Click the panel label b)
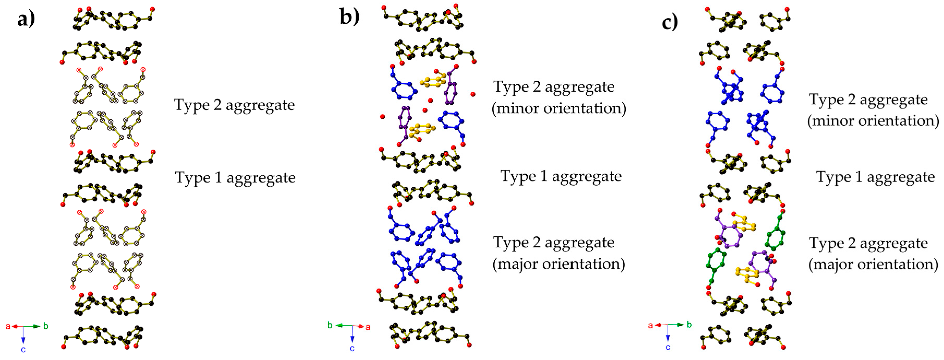[349, 16]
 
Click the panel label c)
[670, 22]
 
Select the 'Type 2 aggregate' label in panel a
[234, 105]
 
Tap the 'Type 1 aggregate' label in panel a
[235, 178]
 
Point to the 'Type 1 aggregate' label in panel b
[561, 176]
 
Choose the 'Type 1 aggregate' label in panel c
[875, 177]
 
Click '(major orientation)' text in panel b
[558, 264]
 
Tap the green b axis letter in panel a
[46, 326]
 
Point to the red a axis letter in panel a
[8, 326]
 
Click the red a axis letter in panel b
[368, 327]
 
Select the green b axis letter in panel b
[330, 325]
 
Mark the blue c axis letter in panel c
[668, 347]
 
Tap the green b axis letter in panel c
[689, 325]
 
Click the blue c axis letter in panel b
[352, 349]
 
